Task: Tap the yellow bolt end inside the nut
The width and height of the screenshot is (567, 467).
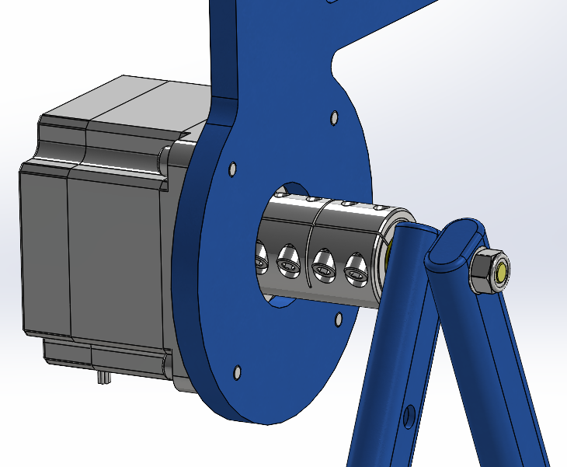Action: (503, 272)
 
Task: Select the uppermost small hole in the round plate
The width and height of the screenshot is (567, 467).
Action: (333, 118)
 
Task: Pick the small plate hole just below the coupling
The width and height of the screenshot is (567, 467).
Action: (338, 319)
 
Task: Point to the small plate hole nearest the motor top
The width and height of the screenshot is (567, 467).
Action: (232, 168)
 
